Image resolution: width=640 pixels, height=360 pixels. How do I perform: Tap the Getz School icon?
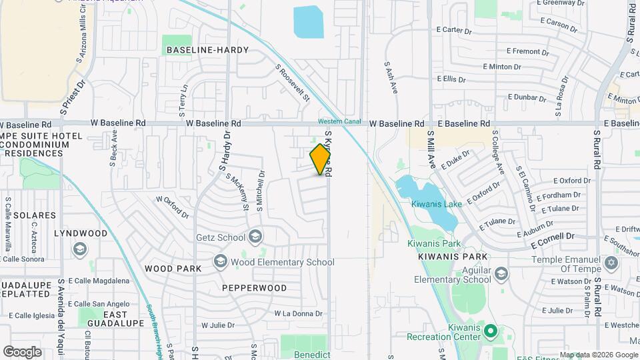tap(255, 237)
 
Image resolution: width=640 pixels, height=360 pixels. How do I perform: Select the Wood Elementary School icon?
tap(221, 262)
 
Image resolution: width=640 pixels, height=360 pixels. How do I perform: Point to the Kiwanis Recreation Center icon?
tap(491, 330)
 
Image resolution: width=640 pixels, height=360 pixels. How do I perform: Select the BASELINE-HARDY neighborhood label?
tap(207, 50)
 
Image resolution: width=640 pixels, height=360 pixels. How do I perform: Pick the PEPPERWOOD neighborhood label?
tap(255, 288)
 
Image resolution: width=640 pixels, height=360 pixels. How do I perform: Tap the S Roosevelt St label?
tap(294, 83)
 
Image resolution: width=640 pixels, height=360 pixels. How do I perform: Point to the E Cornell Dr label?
tap(553, 237)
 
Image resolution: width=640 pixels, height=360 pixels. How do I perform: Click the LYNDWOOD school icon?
tap(80, 249)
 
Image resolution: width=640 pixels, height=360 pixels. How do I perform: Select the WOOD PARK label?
tap(173, 269)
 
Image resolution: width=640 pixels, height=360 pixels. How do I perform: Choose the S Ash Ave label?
tap(391, 78)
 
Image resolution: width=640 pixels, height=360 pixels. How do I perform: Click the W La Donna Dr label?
tap(298, 313)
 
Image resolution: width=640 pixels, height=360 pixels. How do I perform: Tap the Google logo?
tap(23, 351)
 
